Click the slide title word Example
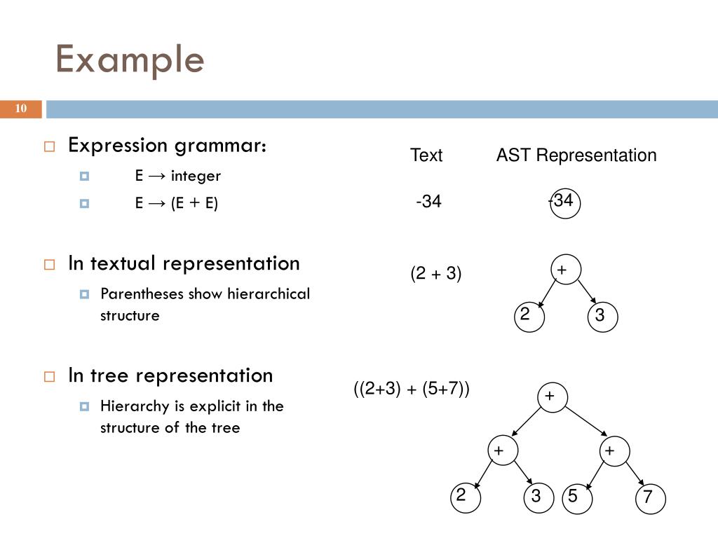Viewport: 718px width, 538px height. click(x=130, y=60)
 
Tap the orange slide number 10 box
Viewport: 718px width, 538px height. click(x=21, y=109)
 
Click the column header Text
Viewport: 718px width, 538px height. click(x=426, y=156)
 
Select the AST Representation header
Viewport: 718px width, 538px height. click(x=576, y=156)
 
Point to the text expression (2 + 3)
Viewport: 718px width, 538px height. click(x=436, y=273)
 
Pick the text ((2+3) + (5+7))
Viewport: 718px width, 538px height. click(x=412, y=389)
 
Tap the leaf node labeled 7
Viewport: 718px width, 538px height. click(x=649, y=498)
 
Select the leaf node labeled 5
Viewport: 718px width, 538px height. click(x=574, y=497)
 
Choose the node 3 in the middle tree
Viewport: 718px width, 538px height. click(x=600, y=316)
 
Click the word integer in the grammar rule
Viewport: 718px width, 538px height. click(x=196, y=176)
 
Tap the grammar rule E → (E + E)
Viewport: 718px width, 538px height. click(x=177, y=204)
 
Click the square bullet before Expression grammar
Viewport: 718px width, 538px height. click(x=49, y=146)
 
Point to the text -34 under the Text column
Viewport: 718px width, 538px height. click(x=428, y=202)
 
